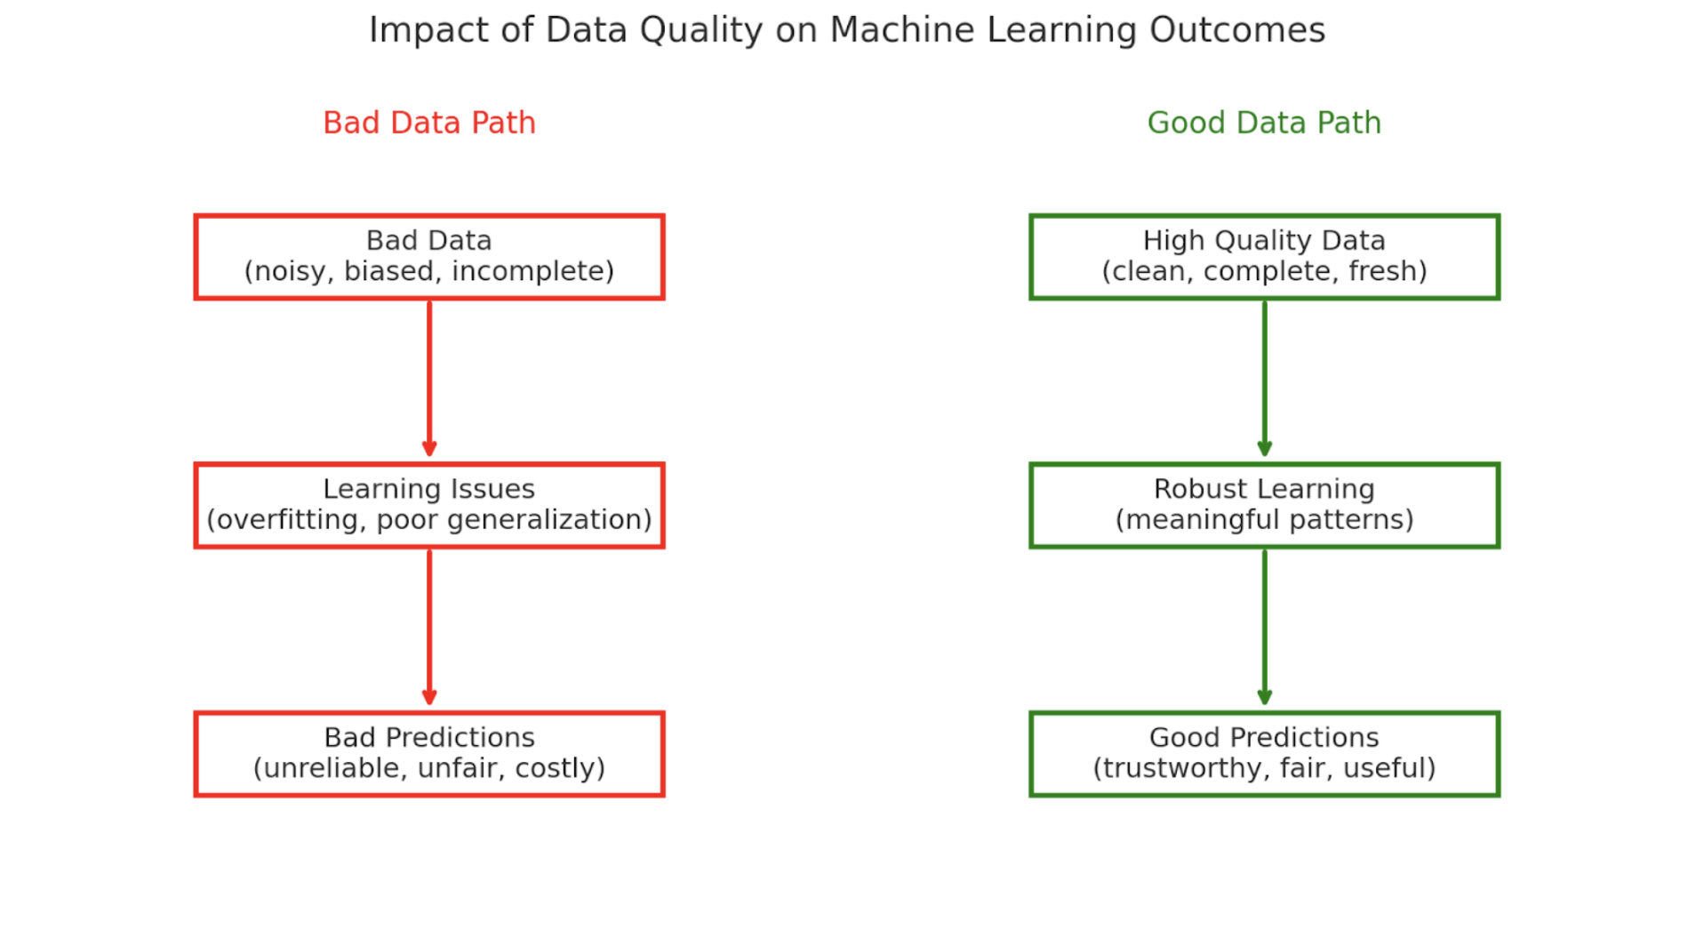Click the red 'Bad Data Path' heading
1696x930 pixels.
point(429,123)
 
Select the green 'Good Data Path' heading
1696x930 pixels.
point(1263,123)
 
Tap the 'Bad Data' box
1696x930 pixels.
point(429,256)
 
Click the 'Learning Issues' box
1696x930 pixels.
point(429,505)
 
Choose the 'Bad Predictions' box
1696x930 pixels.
point(429,753)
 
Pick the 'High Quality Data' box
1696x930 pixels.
point(1263,256)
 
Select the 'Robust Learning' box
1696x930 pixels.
point(1263,505)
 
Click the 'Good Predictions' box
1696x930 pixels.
point(1263,753)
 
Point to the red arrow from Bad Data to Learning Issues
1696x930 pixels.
point(429,378)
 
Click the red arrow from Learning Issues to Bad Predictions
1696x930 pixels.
point(429,627)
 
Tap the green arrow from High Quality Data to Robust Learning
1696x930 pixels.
point(1264,378)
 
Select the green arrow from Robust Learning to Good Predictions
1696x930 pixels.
point(1264,627)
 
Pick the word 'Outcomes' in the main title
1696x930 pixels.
point(1236,30)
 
